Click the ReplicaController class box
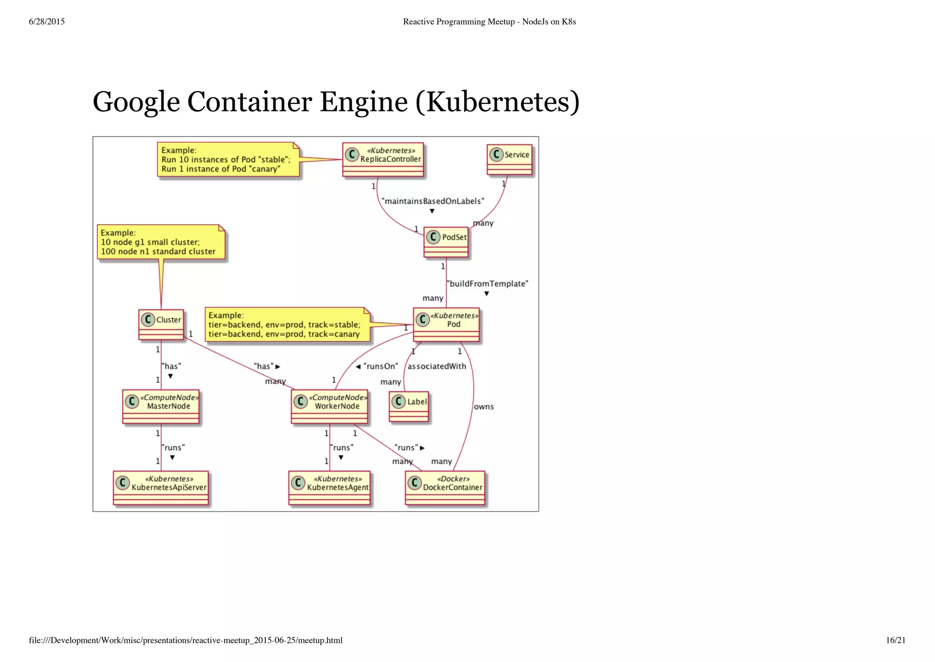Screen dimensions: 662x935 383,159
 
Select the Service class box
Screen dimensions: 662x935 510,159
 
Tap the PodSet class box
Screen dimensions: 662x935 446,242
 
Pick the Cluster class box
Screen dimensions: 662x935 161,324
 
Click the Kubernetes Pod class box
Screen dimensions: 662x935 446,324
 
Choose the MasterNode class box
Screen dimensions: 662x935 161,406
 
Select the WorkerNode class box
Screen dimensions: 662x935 330,406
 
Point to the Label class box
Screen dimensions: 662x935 409,406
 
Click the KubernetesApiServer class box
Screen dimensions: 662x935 161,488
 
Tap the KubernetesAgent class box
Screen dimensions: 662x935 330,488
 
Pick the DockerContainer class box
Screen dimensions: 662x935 445,488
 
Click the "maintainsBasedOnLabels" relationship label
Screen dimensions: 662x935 432,201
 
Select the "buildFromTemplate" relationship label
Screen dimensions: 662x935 487,284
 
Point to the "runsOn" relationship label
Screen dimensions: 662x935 381,366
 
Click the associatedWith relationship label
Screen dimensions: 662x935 437,366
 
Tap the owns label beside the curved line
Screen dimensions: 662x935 484,407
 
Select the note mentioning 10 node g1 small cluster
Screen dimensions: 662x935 161,242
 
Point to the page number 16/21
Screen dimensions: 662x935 895,640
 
